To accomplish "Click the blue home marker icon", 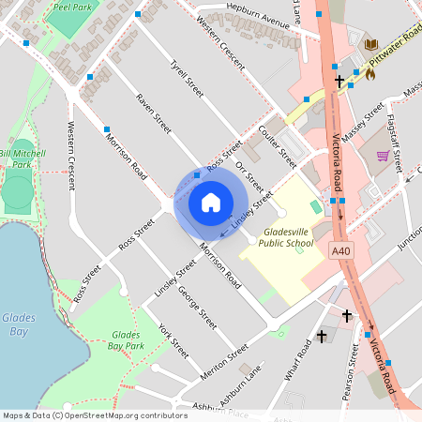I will [211, 203].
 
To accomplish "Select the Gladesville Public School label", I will [273, 235].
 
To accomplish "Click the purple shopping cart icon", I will [383, 156].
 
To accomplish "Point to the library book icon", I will [370, 45].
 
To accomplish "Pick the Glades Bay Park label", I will [128, 339].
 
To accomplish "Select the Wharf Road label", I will [299, 360].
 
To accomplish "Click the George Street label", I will [197, 307].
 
